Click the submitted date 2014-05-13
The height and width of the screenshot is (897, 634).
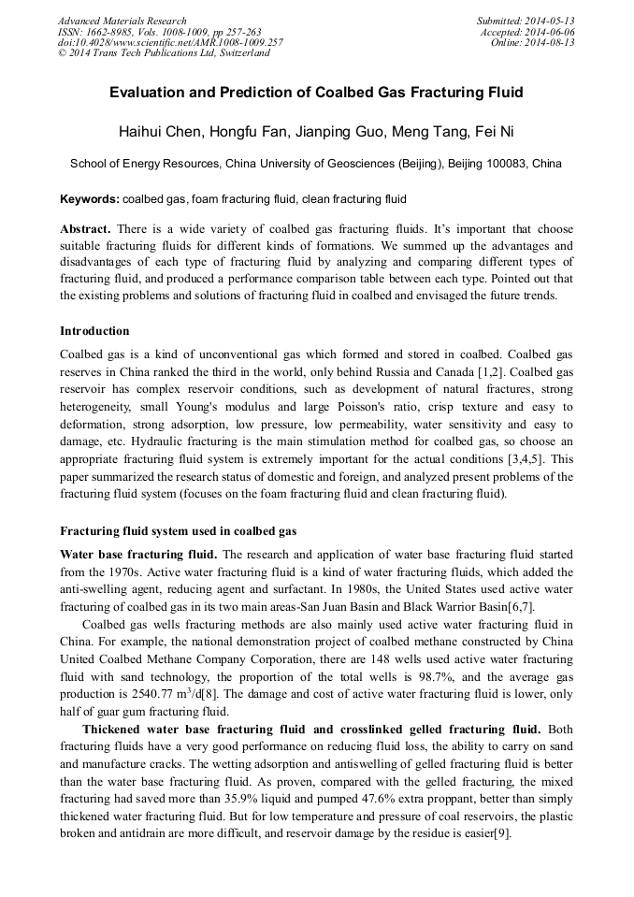[549, 21]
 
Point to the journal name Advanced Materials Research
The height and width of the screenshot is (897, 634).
[122, 21]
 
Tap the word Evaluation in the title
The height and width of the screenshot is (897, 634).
[151, 93]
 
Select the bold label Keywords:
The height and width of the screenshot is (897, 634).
[89, 199]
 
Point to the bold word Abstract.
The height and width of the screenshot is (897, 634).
[85, 229]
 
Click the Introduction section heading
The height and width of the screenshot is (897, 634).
[94, 331]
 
